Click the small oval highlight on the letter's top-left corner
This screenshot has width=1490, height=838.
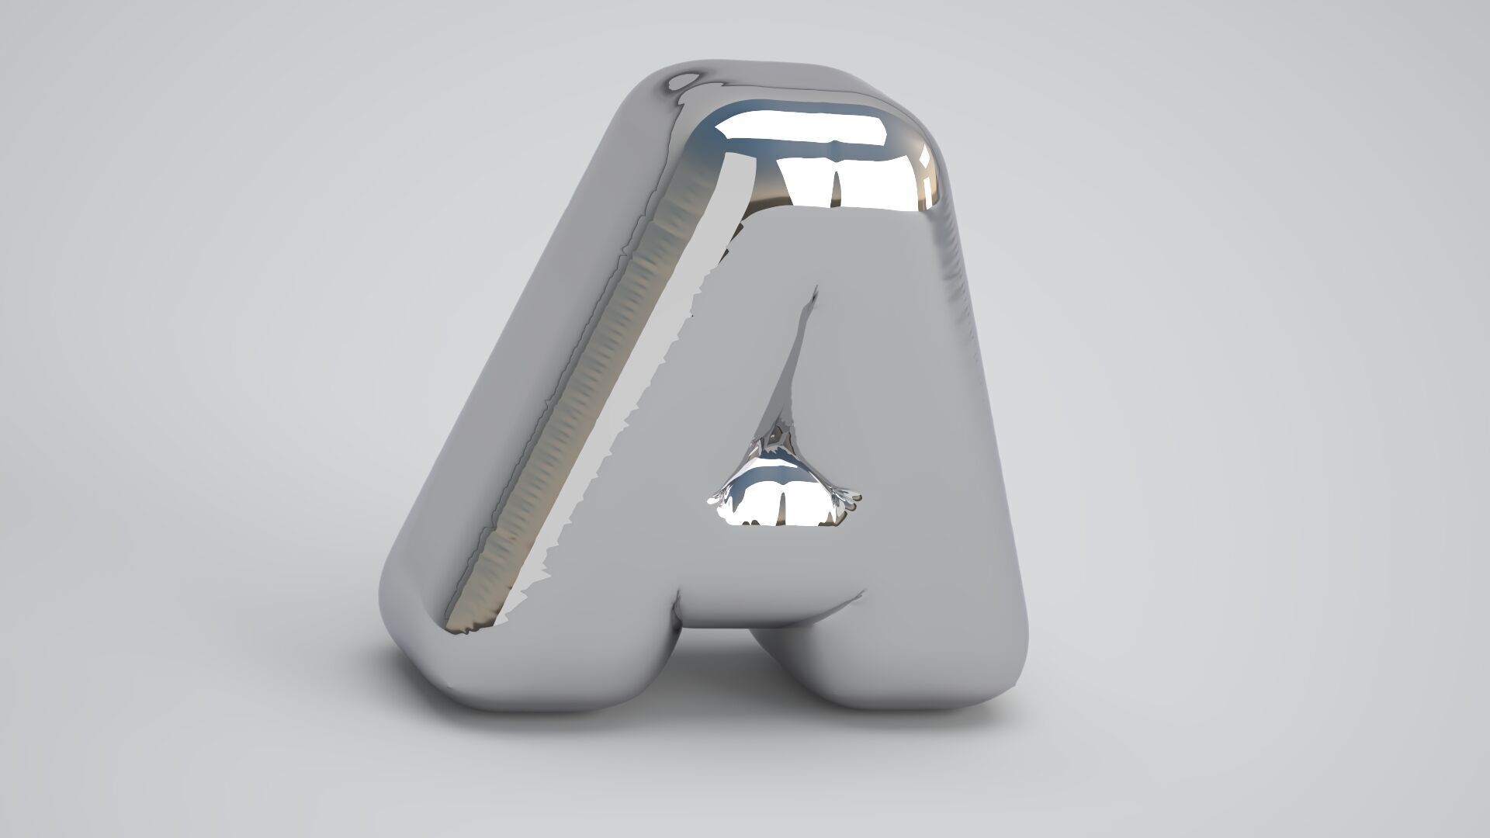pyautogui.click(x=684, y=79)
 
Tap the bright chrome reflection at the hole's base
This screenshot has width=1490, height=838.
pyautogui.click(x=784, y=504)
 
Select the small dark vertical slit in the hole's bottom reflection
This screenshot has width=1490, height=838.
pyautogui.click(x=783, y=508)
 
